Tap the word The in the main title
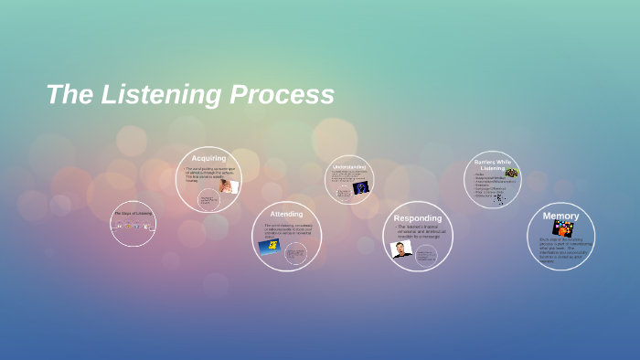pos(65,94)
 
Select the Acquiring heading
pos(208,158)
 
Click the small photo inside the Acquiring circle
pos(227,185)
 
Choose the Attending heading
pos(286,214)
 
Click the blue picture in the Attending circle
pos(269,247)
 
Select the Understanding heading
pos(349,167)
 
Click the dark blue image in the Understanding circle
pos(360,187)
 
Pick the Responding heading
pos(417,218)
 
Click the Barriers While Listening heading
pos(493,164)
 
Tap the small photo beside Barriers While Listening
pos(511,172)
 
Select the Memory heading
pos(560,216)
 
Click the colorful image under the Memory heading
pos(561,228)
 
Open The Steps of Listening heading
pos(133,214)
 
